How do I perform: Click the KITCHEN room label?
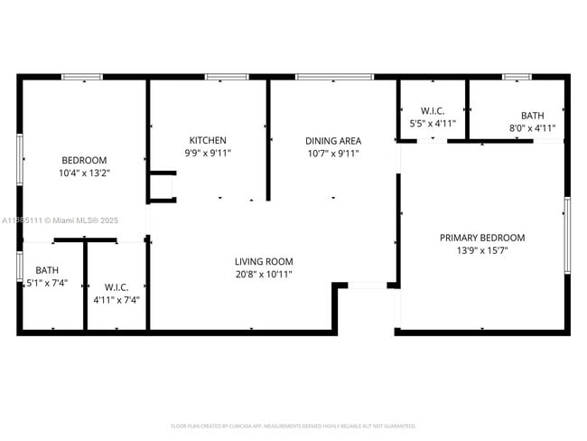click(208, 140)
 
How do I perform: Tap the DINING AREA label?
click(333, 140)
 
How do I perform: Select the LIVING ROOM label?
click(264, 261)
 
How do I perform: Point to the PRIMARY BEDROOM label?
click(482, 238)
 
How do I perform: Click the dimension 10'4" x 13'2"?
click(84, 173)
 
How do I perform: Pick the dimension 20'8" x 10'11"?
click(264, 274)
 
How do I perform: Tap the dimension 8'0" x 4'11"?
click(532, 128)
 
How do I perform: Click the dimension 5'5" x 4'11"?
click(433, 123)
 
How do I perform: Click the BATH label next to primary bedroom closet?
click(532, 116)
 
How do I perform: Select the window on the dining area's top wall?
click(334, 77)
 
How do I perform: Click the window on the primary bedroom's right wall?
click(567, 234)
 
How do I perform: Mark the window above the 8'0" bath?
click(517, 77)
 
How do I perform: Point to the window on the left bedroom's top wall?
click(82, 77)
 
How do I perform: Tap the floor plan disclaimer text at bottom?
click(293, 425)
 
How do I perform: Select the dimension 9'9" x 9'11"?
click(208, 153)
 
